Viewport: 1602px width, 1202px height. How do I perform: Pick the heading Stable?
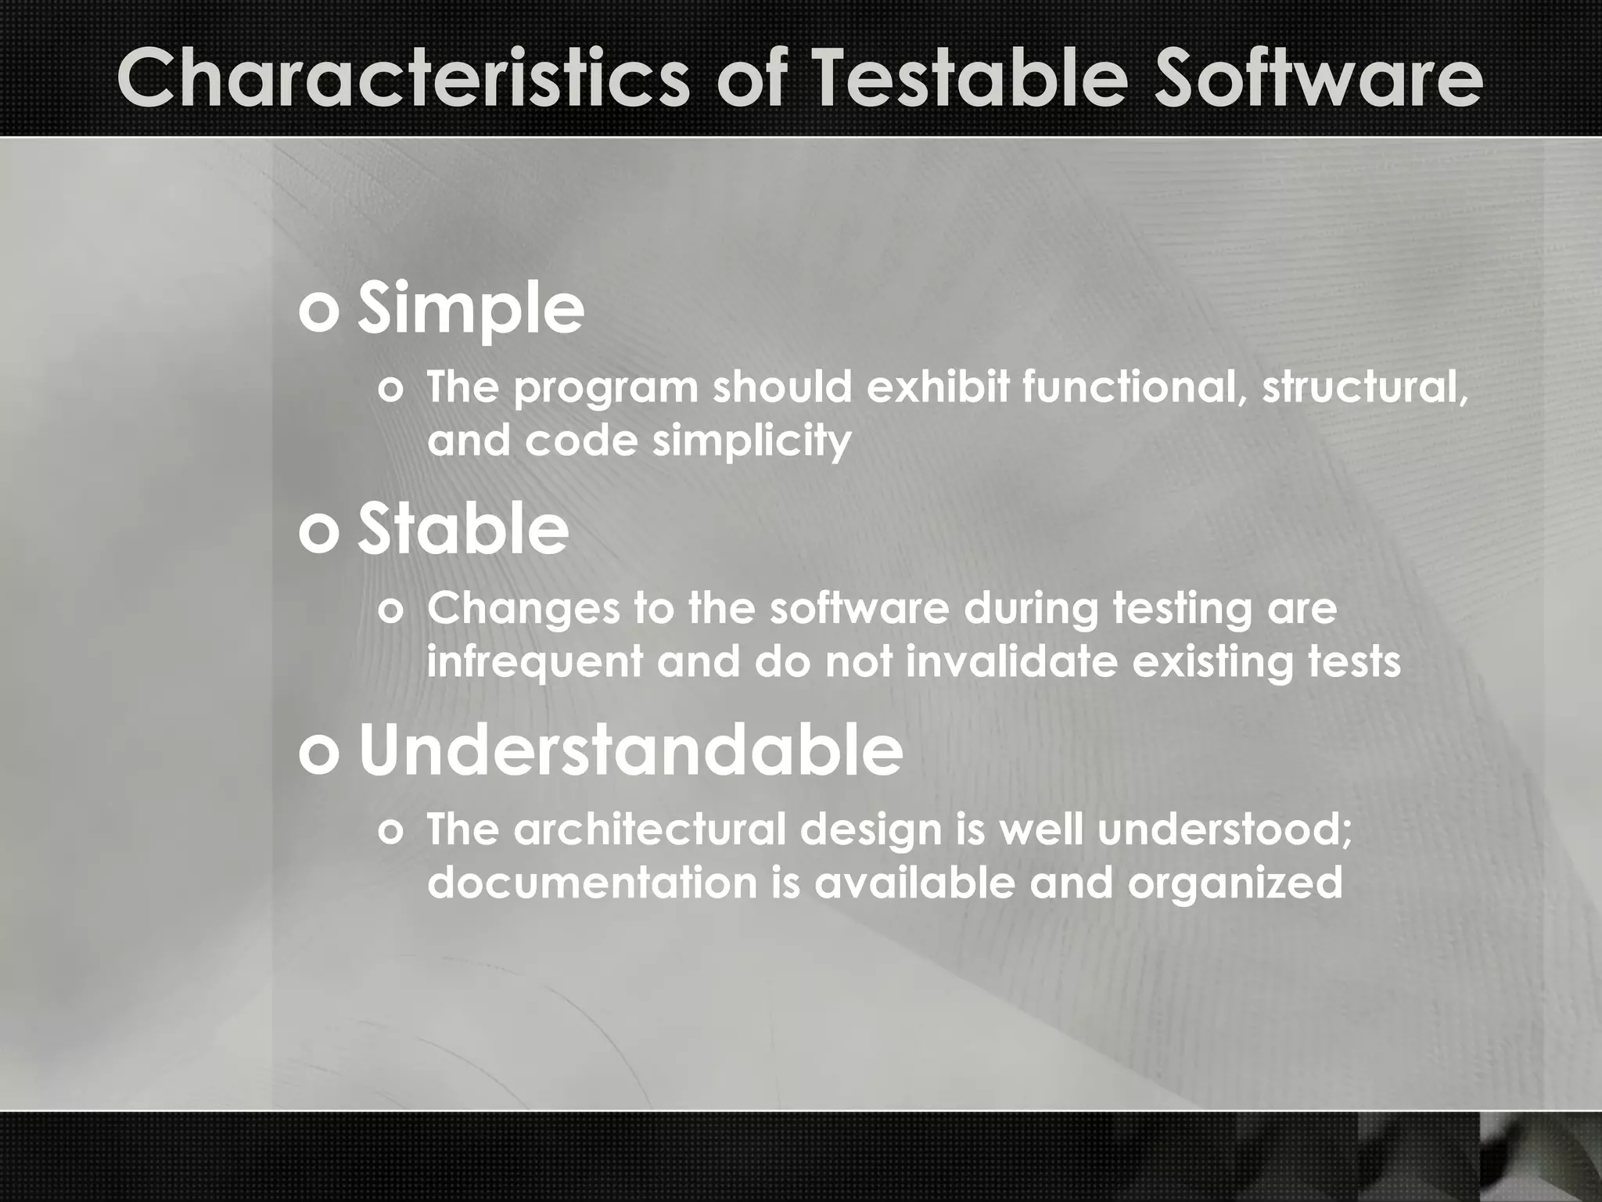463,531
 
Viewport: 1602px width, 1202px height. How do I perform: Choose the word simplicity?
752,441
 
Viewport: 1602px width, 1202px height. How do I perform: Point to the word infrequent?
534,662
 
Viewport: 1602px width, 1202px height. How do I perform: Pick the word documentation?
591,883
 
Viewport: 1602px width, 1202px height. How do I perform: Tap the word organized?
1235,883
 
